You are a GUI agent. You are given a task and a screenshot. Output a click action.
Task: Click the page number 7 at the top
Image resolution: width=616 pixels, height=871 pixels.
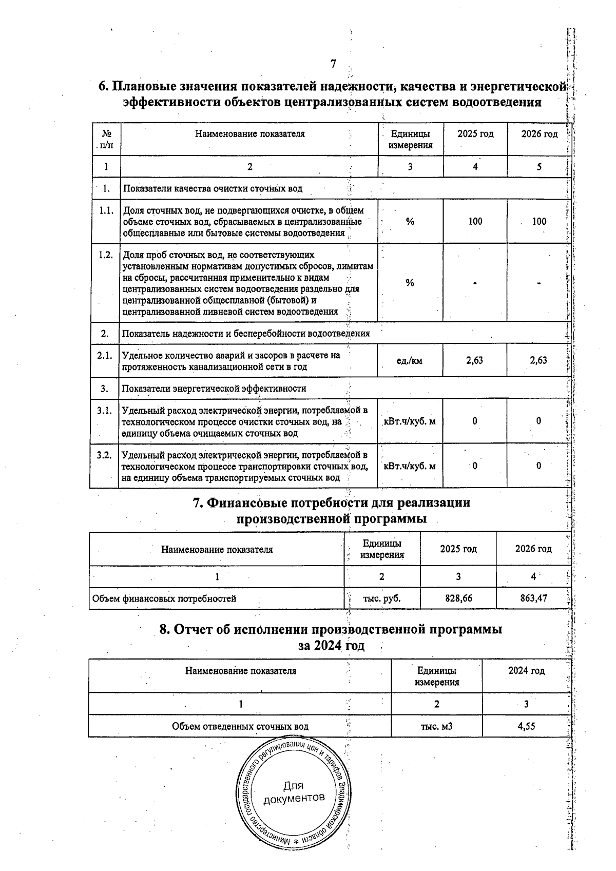[x=333, y=64]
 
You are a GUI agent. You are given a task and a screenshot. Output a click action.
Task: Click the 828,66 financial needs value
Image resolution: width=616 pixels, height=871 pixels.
[x=458, y=598]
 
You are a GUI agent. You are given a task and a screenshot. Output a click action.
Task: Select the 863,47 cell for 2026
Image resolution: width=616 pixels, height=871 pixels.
[x=533, y=598]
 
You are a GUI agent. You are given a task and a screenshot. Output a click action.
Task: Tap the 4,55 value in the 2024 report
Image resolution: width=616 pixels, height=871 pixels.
[x=527, y=726]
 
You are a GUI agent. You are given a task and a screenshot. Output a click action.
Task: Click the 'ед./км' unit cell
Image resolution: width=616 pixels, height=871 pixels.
[x=410, y=361]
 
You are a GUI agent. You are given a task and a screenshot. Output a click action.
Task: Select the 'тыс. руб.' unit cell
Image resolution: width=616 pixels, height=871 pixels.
[x=381, y=598]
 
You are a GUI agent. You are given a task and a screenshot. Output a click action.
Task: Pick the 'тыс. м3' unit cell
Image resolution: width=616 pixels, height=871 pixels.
[x=436, y=726]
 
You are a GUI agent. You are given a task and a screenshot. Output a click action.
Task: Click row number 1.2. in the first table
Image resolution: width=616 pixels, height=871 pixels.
[x=105, y=255]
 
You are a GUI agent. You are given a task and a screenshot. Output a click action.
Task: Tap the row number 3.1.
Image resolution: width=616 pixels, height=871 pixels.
[x=105, y=410]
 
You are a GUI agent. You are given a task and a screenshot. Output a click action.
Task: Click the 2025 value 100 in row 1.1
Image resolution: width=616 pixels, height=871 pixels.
[x=475, y=221]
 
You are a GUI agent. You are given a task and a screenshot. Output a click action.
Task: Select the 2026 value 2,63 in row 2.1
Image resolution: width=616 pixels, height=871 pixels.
[x=538, y=360]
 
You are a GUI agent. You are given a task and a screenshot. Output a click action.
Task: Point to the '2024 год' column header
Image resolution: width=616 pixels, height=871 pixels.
[x=526, y=670]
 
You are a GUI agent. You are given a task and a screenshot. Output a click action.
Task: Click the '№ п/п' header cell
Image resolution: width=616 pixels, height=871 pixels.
[x=106, y=139]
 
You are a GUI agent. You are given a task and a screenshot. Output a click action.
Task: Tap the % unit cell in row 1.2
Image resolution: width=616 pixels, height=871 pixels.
[x=410, y=283]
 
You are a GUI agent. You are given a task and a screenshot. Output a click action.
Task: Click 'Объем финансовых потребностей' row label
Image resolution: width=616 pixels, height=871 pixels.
[x=164, y=598]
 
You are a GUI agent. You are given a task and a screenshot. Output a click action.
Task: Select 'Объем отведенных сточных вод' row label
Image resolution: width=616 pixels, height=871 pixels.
[x=240, y=726]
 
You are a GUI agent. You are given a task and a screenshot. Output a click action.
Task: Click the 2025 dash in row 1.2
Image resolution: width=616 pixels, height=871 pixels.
[x=475, y=283]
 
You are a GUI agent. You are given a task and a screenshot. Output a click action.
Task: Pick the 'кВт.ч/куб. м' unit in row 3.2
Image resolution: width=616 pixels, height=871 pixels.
[x=410, y=466]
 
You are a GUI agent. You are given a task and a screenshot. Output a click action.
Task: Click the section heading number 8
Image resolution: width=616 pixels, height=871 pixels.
[x=164, y=629]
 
